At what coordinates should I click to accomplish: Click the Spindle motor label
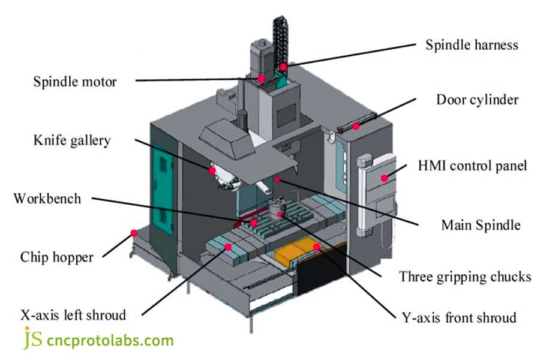[74, 81]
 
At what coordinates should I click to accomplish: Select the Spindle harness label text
[472, 45]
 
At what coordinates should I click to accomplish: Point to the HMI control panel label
[472, 165]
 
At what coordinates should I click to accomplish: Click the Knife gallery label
[72, 140]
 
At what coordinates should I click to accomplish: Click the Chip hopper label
[57, 257]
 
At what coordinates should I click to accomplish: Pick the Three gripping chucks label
[465, 277]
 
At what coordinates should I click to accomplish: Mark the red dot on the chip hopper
[134, 233]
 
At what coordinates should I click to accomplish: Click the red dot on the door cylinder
[356, 126]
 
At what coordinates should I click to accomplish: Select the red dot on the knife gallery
[212, 170]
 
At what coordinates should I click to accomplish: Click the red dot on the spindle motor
[261, 78]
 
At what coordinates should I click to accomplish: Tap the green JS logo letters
[32, 339]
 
